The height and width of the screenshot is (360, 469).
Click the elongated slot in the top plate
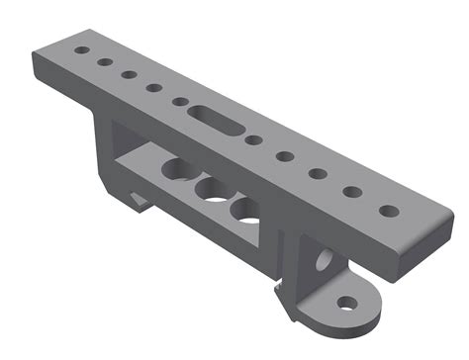[x=216, y=116]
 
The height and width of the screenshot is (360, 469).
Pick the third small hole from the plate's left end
[x=129, y=74]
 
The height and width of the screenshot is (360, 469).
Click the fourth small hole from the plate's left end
[x=154, y=88]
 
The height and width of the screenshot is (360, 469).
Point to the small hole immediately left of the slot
[x=180, y=101]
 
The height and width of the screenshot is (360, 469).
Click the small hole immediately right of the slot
[x=255, y=140]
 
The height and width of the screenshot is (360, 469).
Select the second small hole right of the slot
[x=286, y=156]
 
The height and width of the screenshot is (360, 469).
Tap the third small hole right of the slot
[x=318, y=174]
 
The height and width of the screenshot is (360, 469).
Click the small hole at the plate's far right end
[x=390, y=211]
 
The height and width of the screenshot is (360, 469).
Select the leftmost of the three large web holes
[x=179, y=170]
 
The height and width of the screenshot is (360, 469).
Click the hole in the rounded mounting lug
[x=346, y=302]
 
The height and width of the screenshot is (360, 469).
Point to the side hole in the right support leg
[x=324, y=263]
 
